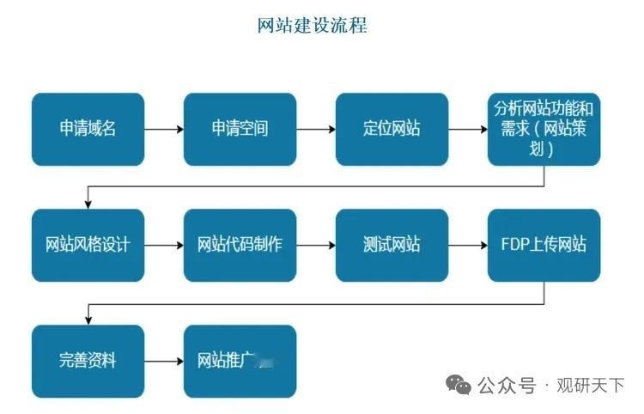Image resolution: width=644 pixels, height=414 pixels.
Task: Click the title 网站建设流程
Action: click(313, 26)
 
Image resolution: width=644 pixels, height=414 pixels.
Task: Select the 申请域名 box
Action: click(88, 129)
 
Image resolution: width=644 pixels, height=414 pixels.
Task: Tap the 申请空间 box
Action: click(240, 129)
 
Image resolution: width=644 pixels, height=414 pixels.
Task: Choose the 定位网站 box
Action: click(392, 129)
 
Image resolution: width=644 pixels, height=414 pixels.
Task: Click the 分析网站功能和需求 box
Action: click(544, 129)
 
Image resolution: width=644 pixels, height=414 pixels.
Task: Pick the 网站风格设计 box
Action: click(88, 245)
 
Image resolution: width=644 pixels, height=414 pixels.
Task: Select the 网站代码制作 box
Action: click(240, 245)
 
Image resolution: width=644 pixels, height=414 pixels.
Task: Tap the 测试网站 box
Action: click(392, 245)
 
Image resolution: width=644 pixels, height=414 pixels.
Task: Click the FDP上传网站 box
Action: click(544, 245)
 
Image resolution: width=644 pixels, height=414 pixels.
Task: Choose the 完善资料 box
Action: click(88, 360)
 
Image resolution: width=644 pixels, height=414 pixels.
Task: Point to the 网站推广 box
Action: click(240, 360)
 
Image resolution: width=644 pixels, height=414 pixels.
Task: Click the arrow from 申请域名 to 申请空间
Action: click(163, 130)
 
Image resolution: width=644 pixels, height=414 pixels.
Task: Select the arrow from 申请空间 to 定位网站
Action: click(315, 130)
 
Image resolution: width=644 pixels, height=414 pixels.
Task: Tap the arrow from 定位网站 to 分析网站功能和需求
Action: click(467, 130)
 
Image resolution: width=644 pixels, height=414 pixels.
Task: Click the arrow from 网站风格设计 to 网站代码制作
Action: click(163, 245)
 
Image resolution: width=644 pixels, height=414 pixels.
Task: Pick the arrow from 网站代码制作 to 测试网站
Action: click(315, 245)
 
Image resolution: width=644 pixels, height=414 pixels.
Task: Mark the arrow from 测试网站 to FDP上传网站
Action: click(467, 245)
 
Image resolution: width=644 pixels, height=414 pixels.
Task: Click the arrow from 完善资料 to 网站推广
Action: click(163, 361)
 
